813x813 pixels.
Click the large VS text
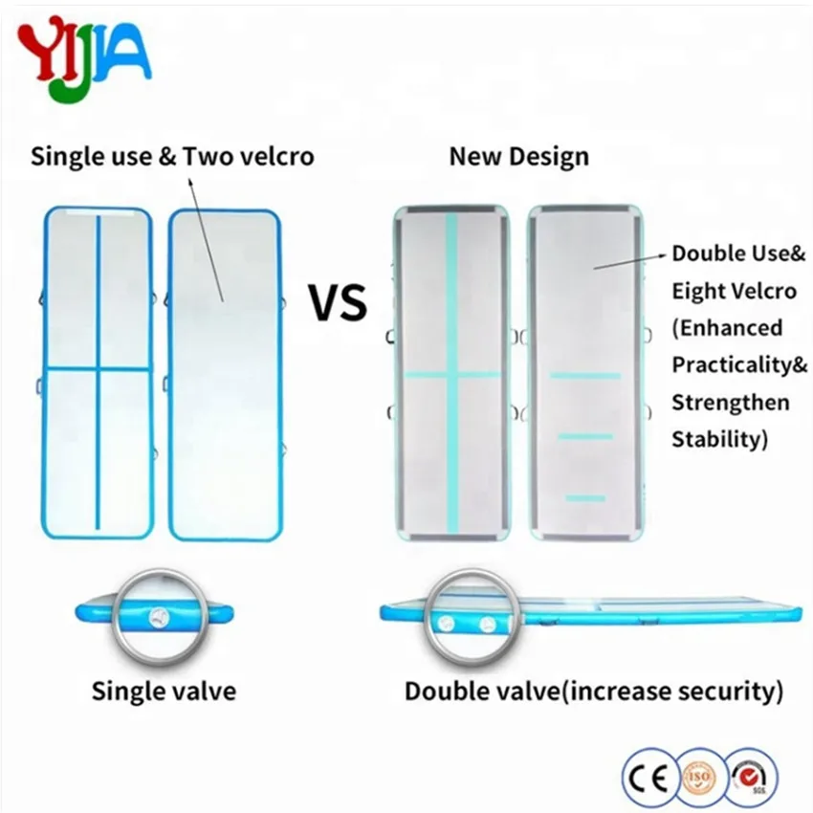tap(337, 302)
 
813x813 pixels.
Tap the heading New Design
tap(518, 156)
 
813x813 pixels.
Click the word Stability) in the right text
tap(720, 439)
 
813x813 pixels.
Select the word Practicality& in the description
tap(739, 364)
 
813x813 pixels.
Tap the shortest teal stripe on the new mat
tap(585, 497)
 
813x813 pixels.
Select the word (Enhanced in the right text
tap(726, 328)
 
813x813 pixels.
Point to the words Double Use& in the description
tap(737, 253)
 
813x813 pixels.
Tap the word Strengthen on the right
tap(730, 402)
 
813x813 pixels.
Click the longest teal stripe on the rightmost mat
tap(584, 376)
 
